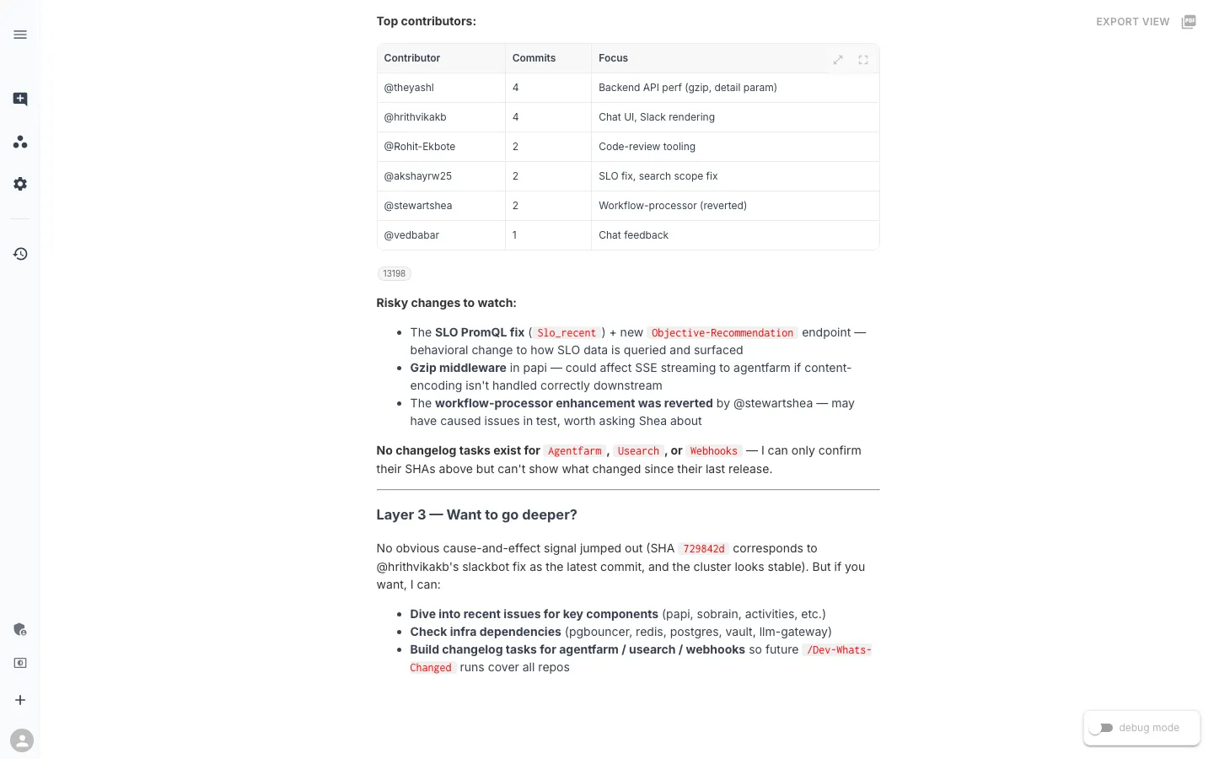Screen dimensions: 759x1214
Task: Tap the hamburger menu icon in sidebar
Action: (x=20, y=35)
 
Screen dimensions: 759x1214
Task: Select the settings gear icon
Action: (x=20, y=184)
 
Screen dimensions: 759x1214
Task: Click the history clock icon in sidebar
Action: (x=20, y=254)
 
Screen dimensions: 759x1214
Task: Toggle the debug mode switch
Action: (x=1100, y=728)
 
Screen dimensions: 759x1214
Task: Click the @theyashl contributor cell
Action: (x=409, y=88)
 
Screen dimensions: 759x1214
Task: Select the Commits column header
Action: (x=534, y=58)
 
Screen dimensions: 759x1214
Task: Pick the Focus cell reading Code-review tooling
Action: (x=647, y=147)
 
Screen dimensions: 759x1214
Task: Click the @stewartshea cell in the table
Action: (x=418, y=206)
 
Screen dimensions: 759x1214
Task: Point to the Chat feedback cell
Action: (x=633, y=235)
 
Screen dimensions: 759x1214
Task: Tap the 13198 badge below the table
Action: (x=394, y=273)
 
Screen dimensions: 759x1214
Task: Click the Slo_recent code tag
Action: (x=567, y=333)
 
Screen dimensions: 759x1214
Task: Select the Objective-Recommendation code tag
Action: (x=722, y=333)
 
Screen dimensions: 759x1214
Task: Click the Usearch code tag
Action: (x=638, y=451)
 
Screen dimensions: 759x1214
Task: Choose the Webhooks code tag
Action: (x=713, y=451)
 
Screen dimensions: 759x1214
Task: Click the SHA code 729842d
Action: (x=703, y=549)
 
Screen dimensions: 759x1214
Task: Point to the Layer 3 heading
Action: (x=476, y=514)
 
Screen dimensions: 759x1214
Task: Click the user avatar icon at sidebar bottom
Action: (x=22, y=740)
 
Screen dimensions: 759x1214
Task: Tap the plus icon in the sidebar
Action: (x=20, y=700)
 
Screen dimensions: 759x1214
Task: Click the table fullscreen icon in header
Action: (x=863, y=60)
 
